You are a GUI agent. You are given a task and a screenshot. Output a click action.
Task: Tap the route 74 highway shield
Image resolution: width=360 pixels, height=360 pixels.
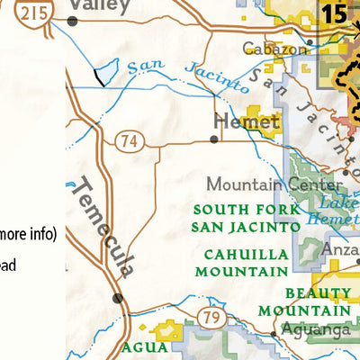coord(127,139)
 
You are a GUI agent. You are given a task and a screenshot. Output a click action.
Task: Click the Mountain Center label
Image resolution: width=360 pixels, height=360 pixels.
coord(271,184)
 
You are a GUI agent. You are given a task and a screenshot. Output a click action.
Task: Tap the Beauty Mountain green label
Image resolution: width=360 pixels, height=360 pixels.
coord(318,301)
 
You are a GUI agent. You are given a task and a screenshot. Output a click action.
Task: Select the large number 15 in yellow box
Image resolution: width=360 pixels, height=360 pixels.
coord(333,15)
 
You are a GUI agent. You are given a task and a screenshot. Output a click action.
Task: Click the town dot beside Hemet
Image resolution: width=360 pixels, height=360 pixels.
coord(213,139)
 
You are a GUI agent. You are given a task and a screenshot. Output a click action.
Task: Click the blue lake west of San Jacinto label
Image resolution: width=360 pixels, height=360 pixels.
coord(105,70)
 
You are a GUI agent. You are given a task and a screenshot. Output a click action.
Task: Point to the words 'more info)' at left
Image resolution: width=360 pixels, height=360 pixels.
coord(29,235)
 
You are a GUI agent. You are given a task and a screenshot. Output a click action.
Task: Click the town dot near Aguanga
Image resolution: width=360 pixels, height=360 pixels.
coord(274,334)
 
